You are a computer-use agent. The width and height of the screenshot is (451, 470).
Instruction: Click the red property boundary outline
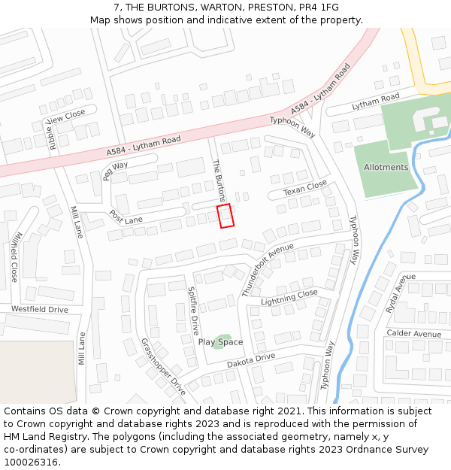tap(225, 215)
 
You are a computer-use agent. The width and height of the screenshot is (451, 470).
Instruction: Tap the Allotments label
tap(386, 167)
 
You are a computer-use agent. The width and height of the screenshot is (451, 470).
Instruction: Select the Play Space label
tap(220, 342)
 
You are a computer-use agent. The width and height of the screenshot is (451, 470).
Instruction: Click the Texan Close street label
tap(305, 189)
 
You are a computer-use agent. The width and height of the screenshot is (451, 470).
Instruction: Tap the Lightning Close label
tap(289, 297)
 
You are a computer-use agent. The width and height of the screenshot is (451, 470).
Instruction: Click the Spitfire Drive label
tap(192, 311)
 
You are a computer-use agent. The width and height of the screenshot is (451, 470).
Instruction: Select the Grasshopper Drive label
tap(163, 366)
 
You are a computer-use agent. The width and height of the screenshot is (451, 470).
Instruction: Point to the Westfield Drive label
tap(39, 310)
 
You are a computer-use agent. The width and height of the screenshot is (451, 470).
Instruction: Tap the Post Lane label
tap(126, 217)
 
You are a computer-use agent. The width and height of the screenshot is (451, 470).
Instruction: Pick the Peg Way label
tap(116, 170)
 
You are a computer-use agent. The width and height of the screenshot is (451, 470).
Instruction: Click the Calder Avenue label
tap(413, 334)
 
